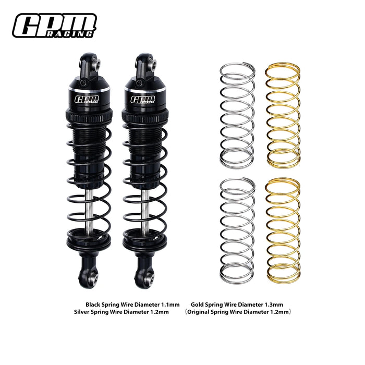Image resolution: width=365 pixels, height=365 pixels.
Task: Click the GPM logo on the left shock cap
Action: pos(84,99)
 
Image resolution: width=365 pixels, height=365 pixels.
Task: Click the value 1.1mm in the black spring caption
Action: pos(170,303)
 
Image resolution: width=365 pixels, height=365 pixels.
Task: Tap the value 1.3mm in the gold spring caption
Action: pos(273,303)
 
